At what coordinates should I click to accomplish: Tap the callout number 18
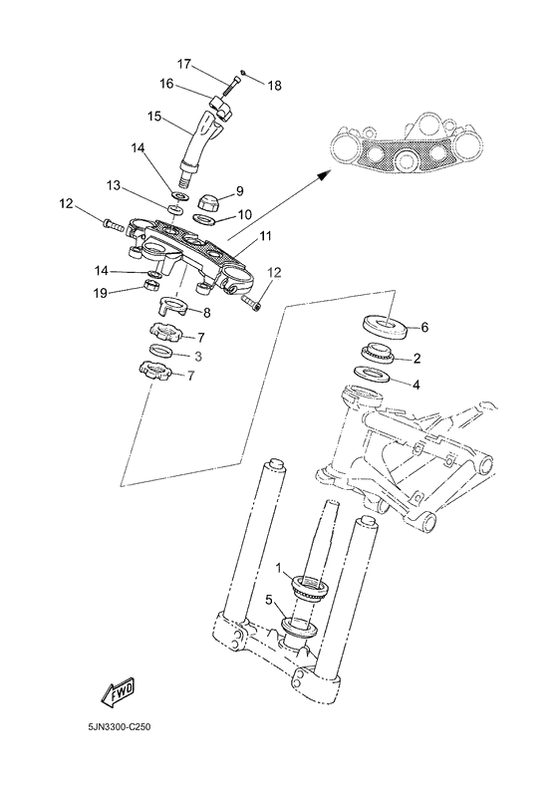(x=274, y=86)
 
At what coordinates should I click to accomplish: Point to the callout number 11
(x=265, y=236)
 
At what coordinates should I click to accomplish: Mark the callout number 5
(x=268, y=601)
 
